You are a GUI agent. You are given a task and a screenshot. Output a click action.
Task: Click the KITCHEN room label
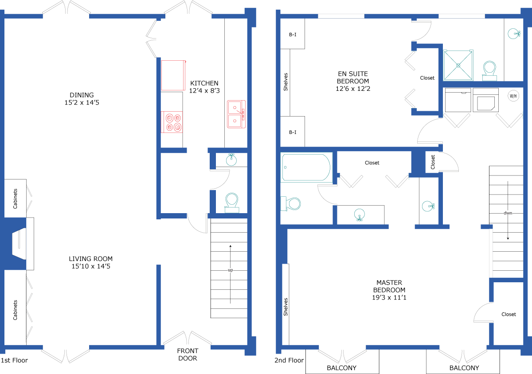204,83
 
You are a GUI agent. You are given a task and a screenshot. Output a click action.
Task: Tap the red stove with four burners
172,122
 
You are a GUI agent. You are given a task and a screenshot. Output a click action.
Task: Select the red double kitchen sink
236,114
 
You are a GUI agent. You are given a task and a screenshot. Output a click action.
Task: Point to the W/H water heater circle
513,96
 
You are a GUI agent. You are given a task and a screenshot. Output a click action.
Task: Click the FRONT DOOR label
188,355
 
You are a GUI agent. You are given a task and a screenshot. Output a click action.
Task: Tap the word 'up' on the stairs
231,270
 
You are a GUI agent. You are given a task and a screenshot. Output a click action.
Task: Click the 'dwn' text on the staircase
508,213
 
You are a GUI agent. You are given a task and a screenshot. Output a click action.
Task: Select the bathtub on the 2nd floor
306,168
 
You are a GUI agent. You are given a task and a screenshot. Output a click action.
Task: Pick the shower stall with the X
458,65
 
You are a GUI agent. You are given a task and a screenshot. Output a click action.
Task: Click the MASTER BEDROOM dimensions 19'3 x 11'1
389,297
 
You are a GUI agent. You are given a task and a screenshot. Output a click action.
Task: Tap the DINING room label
82,95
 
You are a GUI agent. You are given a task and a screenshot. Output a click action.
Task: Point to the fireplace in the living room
19,244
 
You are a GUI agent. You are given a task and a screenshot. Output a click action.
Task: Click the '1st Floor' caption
14,360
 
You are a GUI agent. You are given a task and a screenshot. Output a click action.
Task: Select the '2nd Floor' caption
289,360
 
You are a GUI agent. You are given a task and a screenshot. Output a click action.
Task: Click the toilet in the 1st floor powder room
232,203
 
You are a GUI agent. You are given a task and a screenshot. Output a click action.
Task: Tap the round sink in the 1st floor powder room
231,160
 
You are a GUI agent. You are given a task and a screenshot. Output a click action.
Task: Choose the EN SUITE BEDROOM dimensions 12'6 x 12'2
353,89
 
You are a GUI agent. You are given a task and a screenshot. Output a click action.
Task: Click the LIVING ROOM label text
91,259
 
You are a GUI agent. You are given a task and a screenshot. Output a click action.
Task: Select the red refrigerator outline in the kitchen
173,75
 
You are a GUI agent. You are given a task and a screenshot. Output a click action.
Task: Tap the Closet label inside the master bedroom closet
509,314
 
